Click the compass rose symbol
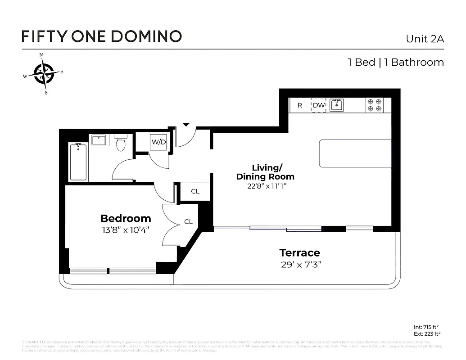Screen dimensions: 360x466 click(x=44, y=74)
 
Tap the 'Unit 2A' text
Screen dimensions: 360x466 click(x=425, y=39)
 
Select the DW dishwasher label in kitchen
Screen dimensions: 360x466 click(x=319, y=105)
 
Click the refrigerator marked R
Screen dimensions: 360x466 click(x=299, y=105)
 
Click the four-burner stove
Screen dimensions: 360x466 click(x=374, y=105)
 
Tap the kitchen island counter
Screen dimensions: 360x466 click(x=355, y=153)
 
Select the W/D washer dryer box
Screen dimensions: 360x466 click(x=158, y=142)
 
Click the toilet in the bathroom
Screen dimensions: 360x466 click(x=121, y=142)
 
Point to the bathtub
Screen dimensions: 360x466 click(x=78, y=162)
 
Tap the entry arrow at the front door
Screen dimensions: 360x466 click(x=186, y=125)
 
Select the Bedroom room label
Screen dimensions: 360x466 click(x=126, y=219)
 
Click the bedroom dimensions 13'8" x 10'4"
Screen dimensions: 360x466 click(x=126, y=230)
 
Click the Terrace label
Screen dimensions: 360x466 click(x=299, y=252)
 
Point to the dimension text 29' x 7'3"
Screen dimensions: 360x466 click(x=301, y=264)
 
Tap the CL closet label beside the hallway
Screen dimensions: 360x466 click(x=195, y=192)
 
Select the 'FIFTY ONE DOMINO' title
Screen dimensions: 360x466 click(x=102, y=36)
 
